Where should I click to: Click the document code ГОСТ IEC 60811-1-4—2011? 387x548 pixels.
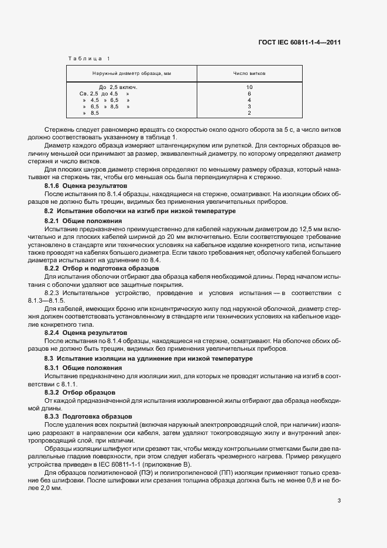tap(299, 42)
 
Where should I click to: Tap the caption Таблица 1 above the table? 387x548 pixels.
tap(88, 58)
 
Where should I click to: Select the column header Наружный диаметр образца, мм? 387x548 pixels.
tap(132, 74)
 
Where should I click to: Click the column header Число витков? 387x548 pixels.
tap(249, 74)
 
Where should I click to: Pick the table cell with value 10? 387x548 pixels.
tap(249, 87)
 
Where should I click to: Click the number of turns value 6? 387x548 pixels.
tap(249, 94)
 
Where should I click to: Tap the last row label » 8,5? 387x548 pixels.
tap(91, 113)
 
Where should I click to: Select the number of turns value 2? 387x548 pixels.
tap(249, 113)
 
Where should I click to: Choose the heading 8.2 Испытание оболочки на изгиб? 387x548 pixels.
tap(140, 210)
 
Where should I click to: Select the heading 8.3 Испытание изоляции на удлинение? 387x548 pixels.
tap(149, 358)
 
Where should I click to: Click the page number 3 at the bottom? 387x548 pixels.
tap(339, 501)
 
